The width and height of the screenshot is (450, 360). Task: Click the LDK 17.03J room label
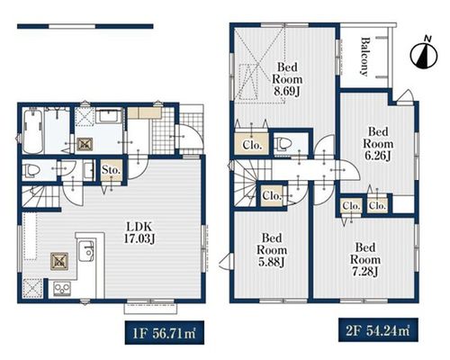139,232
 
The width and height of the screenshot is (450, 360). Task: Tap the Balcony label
364,57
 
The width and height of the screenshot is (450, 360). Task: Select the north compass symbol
424,54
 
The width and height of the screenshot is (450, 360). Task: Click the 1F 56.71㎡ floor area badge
165,333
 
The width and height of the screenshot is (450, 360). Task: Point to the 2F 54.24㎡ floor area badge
378,330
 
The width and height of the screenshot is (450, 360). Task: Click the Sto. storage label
111,170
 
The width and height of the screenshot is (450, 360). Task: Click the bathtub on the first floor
32,131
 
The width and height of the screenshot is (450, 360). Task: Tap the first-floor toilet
32,170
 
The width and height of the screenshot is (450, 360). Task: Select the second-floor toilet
283,144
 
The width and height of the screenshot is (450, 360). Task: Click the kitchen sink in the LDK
86,251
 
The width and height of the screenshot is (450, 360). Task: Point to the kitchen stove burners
62,289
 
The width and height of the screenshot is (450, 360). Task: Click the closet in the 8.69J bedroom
252,144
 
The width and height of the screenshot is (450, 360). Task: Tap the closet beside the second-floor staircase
272,196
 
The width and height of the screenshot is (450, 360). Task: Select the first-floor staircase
40,196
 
